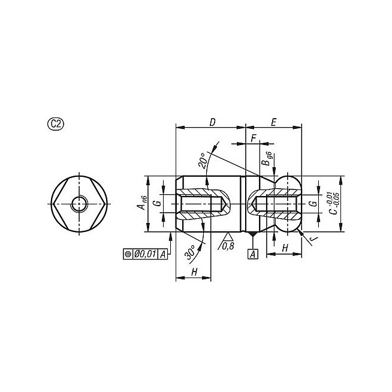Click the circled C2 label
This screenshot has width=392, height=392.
pyautogui.click(x=56, y=124)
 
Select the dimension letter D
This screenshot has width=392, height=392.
pyautogui.click(x=212, y=122)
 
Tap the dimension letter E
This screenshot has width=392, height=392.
pyautogui.click(x=273, y=122)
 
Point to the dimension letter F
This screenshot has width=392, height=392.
pyautogui.click(x=254, y=138)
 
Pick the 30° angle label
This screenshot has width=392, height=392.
pyautogui.click(x=191, y=252)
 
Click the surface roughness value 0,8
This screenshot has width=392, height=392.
pyautogui.click(x=228, y=246)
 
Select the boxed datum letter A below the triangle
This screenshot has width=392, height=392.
pyautogui.click(x=253, y=254)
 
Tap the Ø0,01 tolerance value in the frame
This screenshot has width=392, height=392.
pyautogui.click(x=145, y=254)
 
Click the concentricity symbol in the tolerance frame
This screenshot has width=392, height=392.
pyautogui.click(x=128, y=254)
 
